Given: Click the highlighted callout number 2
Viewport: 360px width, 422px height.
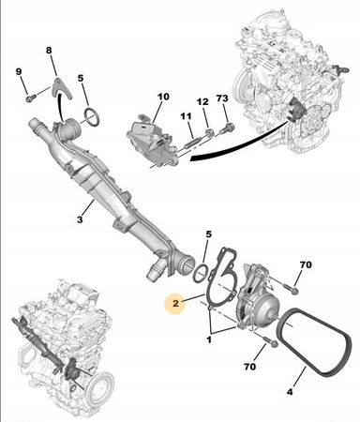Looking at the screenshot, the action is click(x=175, y=303).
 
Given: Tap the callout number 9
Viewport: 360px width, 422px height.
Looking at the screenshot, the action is click(x=19, y=71).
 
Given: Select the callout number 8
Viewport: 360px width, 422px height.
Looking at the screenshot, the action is click(x=49, y=50).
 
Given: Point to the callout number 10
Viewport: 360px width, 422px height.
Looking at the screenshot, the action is click(x=163, y=97).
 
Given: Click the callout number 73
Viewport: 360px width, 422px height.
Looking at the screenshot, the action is click(x=222, y=98).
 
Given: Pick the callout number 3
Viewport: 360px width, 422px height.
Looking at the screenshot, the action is click(x=80, y=219).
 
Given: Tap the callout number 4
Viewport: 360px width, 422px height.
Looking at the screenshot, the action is click(x=290, y=392).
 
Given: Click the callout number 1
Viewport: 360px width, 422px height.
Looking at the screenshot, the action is click(x=209, y=339).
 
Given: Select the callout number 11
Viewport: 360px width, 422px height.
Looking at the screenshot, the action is click(x=186, y=116).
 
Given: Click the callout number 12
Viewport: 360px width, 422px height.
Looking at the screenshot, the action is click(x=202, y=102).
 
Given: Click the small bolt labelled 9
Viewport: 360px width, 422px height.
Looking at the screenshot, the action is click(x=31, y=98).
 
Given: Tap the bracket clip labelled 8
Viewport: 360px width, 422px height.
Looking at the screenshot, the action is click(x=62, y=88).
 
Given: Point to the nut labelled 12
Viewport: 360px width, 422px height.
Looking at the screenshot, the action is click(x=210, y=132).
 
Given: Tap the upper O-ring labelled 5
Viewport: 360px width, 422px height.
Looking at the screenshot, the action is click(x=92, y=117).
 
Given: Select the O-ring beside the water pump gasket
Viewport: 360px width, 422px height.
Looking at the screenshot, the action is click(x=201, y=273).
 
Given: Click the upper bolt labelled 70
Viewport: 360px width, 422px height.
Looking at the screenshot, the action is click(x=290, y=288).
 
